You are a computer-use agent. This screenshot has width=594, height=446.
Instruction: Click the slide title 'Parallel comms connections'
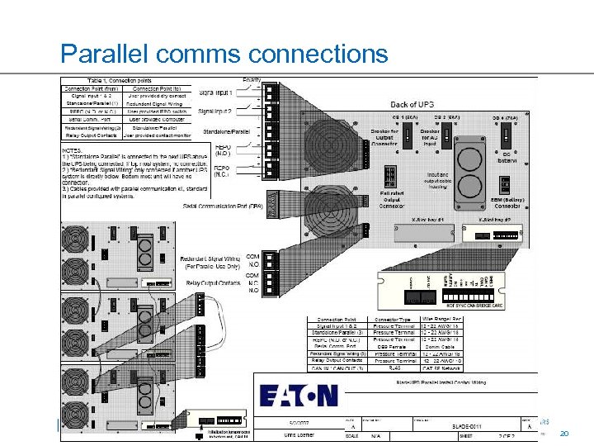tap(224, 55)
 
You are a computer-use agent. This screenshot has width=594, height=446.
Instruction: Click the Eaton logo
tap(299, 396)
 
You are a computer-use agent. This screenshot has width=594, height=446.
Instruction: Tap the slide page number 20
tap(565, 434)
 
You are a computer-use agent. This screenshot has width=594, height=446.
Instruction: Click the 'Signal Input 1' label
tap(216, 93)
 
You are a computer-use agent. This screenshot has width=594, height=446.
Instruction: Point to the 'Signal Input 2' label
tap(216, 111)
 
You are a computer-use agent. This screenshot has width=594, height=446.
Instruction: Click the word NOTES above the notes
tap(74, 151)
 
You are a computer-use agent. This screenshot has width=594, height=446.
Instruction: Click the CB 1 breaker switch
tap(407, 137)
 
